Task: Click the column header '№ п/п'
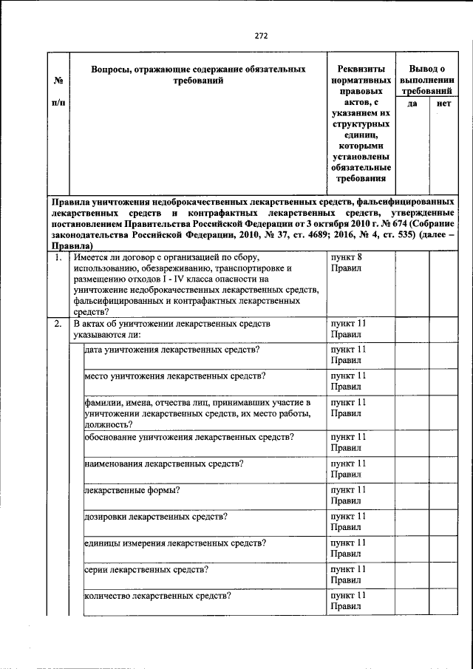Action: click(58, 88)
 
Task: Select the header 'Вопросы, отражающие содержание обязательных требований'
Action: click(198, 75)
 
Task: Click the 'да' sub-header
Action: click(412, 104)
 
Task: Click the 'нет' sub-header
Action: click(443, 104)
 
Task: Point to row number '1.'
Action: click(58, 257)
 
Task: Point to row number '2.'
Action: click(58, 324)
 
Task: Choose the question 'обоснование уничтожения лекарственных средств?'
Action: click(189, 437)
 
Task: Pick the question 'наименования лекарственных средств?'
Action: click(164, 463)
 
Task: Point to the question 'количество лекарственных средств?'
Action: click(158, 596)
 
